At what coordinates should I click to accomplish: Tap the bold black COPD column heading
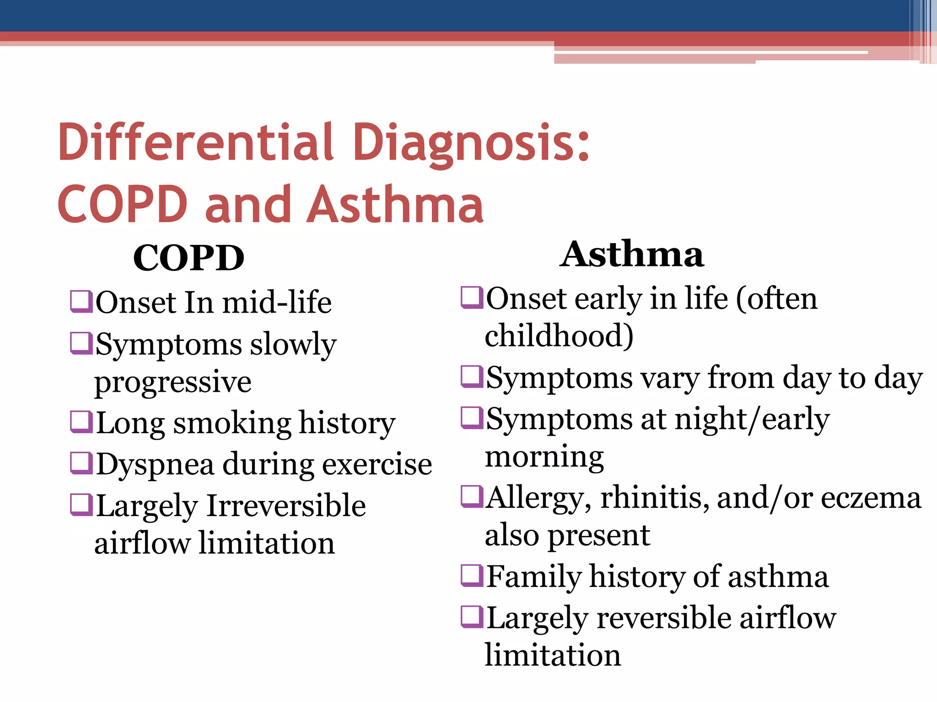(x=188, y=258)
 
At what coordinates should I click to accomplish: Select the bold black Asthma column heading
(x=632, y=254)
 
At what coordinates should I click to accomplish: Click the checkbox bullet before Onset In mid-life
(x=81, y=302)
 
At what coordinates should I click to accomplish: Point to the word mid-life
(x=277, y=303)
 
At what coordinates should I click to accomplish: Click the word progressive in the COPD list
(x=173, y=382)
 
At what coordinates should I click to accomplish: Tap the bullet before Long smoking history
(x=81, y=422)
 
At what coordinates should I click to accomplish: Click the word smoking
(x=232, y=423)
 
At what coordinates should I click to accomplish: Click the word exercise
(x=377, y=464)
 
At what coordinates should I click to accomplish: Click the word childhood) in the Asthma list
(x=559, y=336)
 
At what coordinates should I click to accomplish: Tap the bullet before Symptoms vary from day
(x=472, y=377)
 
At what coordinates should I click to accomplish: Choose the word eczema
(x=871, y=498)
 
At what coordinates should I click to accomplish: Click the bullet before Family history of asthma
(x=472, y=576)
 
